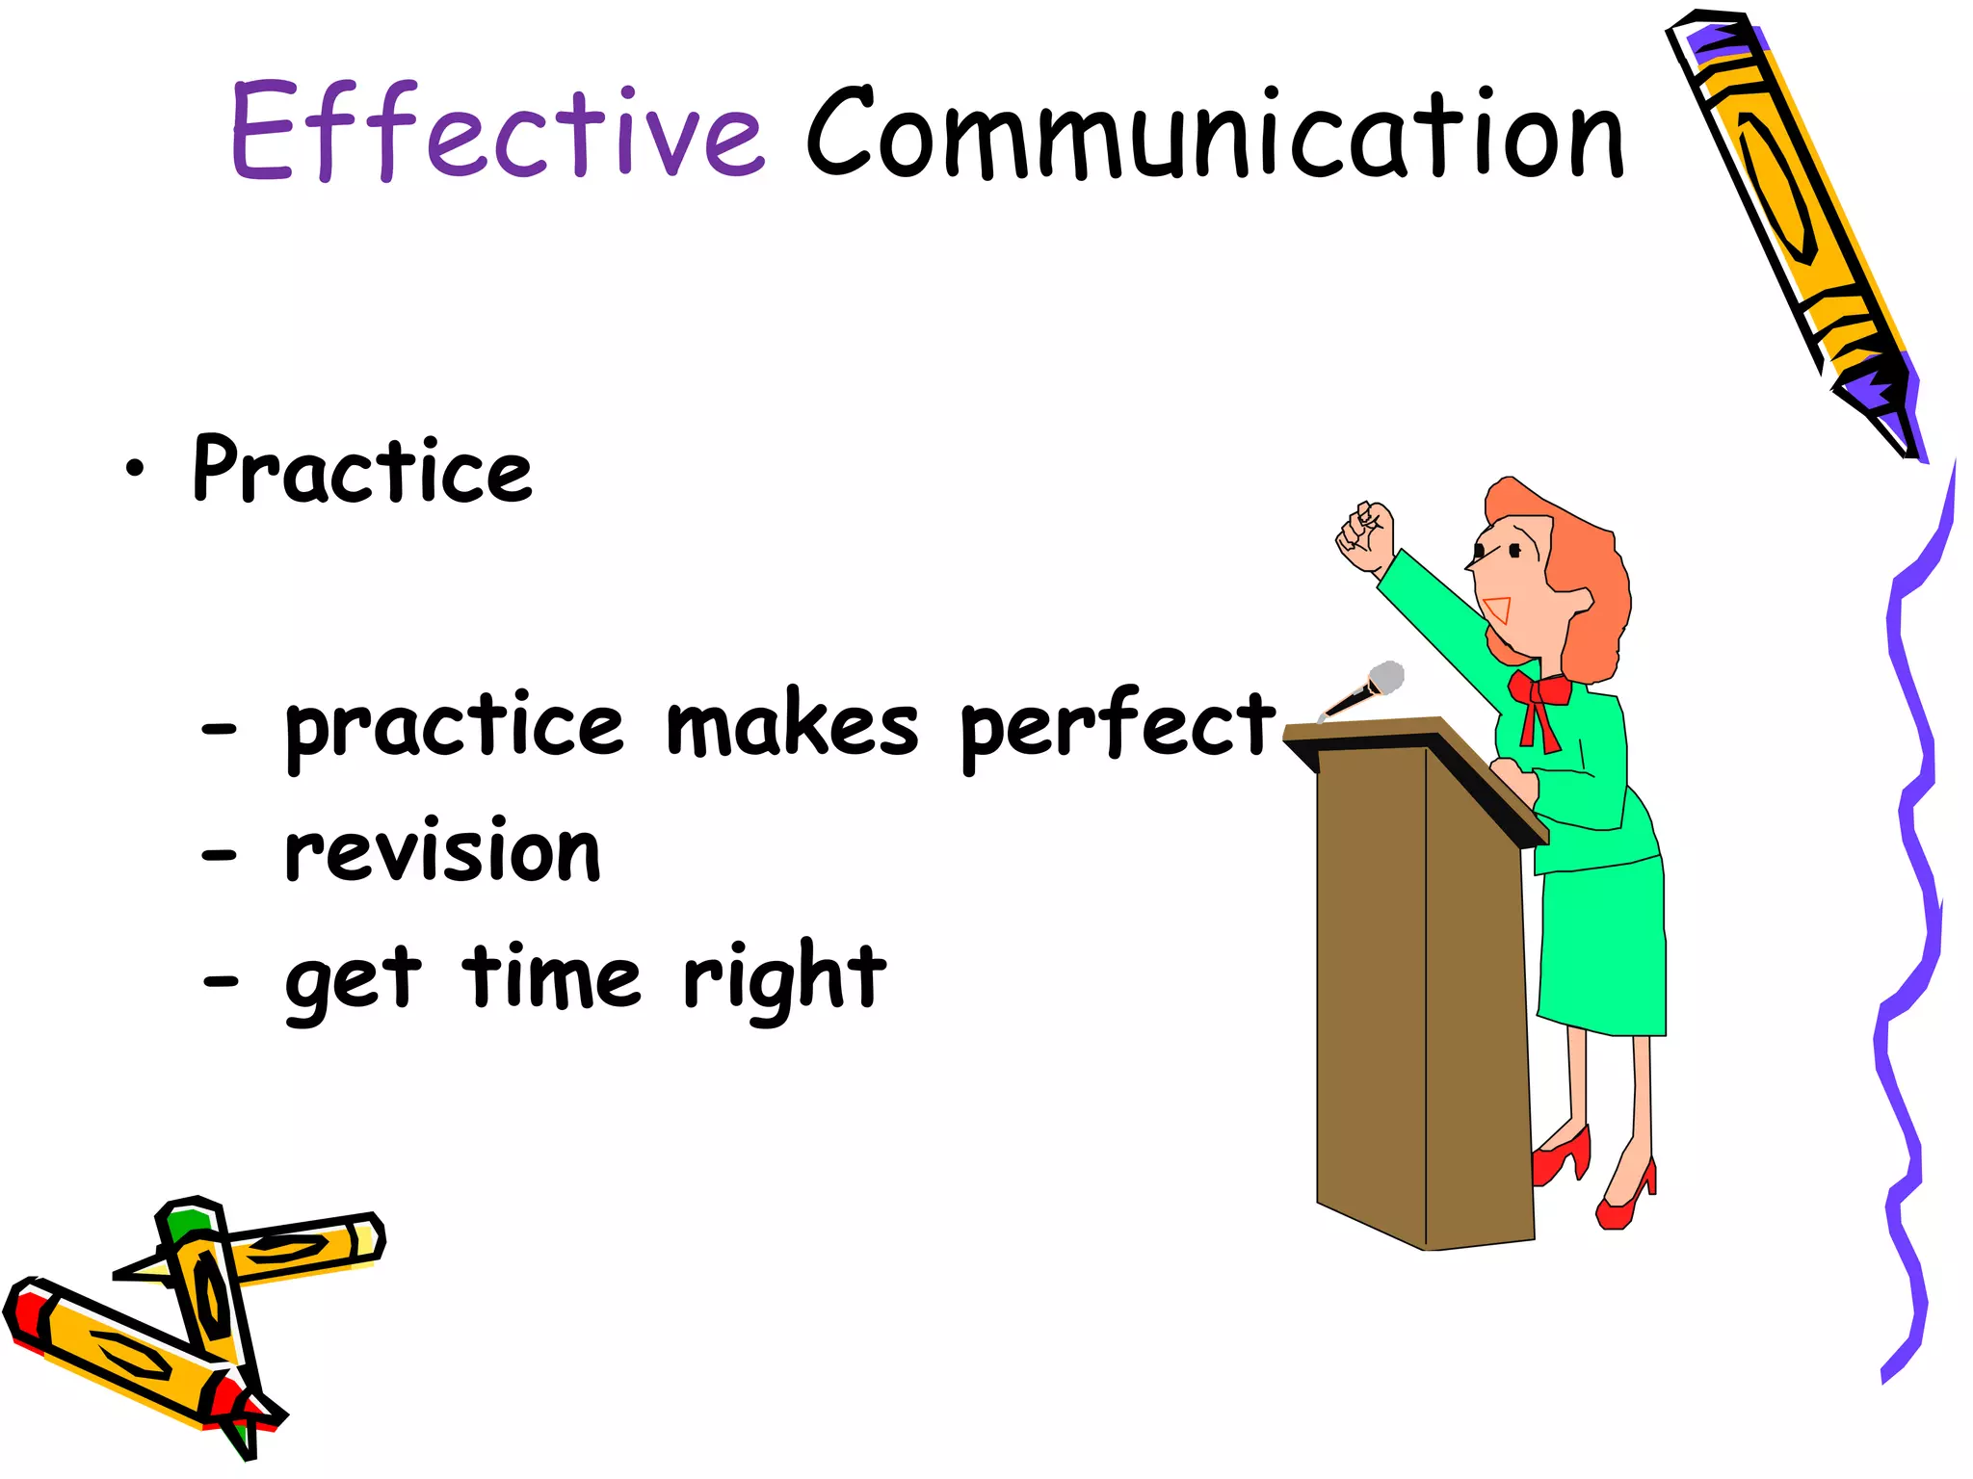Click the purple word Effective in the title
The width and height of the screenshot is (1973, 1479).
point(496,132)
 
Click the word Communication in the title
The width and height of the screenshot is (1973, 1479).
point(1216,135)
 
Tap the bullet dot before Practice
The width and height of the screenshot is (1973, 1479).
point(135,469)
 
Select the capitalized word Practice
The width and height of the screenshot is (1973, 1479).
point(362,470)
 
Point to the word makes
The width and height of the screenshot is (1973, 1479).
point(792,725)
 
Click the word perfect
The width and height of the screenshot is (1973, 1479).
point(1118,725)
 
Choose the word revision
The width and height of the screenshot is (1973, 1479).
point(443,851)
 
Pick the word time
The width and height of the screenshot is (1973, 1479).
point(551,976)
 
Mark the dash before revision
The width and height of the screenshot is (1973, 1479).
point(220,854)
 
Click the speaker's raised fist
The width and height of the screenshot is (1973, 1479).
point(1366,537)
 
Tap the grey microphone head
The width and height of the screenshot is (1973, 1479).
point(1386,678)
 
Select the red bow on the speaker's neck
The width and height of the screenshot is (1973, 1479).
point(1539,701)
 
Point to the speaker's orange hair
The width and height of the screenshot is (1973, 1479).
point(1590,578)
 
